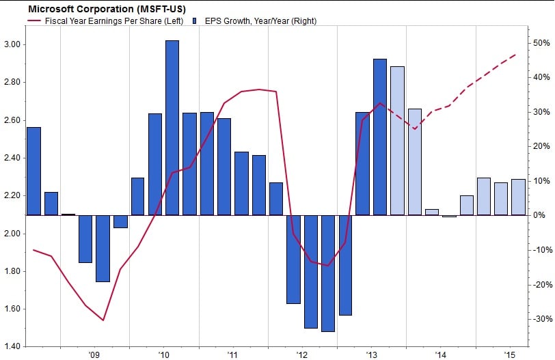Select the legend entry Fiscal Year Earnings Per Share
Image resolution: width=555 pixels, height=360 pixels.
[x=113, y=20]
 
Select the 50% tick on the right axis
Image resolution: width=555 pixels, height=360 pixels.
[x=543, y=43]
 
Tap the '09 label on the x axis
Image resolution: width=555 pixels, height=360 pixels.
[x=94, y=355]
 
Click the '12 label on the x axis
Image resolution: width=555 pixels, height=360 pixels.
[x=302, y=355]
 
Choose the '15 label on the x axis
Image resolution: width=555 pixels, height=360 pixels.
[x=510, y=355]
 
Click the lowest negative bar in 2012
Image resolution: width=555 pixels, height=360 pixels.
[x=328, y=273]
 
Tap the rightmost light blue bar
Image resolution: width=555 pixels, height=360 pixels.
[x=518, y=197]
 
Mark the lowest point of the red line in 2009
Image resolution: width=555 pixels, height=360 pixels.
[x=103, y=320]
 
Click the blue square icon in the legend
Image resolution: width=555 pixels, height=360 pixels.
[x=196, y=20]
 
